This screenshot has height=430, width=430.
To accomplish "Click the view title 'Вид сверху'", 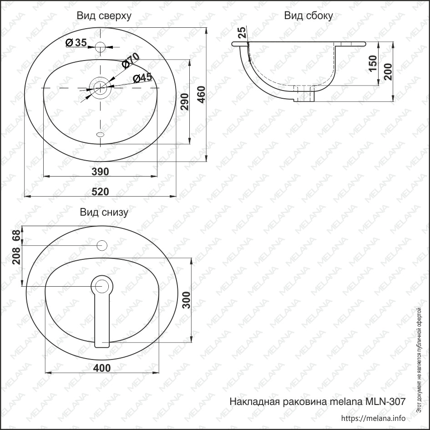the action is click(x=104, y=15).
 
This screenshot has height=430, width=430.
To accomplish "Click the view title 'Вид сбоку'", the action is click(x=308, y=15).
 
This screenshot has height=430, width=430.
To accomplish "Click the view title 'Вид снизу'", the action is click(x=104, y=212).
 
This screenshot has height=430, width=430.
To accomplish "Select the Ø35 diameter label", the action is click(x=76, y=42).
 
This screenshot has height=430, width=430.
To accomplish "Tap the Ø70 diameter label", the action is click(x=131, y=61).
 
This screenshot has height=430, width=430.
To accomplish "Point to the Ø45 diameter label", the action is click(x=142, y=78).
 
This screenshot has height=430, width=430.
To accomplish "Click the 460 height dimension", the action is click(x=202, y=94).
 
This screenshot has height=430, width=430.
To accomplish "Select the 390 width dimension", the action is click(x=100, y=172).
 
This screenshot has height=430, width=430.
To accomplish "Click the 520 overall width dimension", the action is click(x=100, y=192).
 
